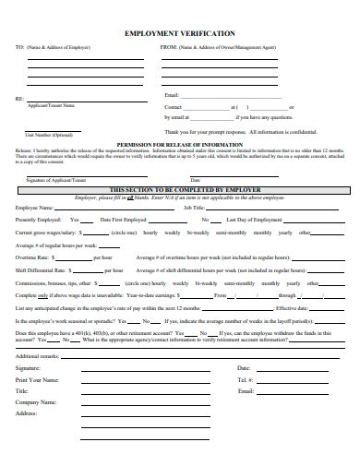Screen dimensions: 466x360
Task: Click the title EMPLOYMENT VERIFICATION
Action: (x=179, y=31)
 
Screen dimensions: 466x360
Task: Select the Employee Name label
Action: (x=32, y=208)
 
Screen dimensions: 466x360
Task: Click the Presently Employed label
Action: (x=37, y=220)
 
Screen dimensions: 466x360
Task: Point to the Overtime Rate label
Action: (x=30, y=257)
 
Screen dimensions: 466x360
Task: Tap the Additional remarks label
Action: (x=38, y=355)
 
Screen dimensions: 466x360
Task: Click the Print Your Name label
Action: (x=37, y=379)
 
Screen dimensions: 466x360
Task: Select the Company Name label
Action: (x=36, y=402)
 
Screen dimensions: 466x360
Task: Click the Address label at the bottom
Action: (x=26, y=413)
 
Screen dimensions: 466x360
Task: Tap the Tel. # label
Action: (x=245, y=379)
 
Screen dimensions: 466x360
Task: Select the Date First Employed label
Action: (x=124, y=220)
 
